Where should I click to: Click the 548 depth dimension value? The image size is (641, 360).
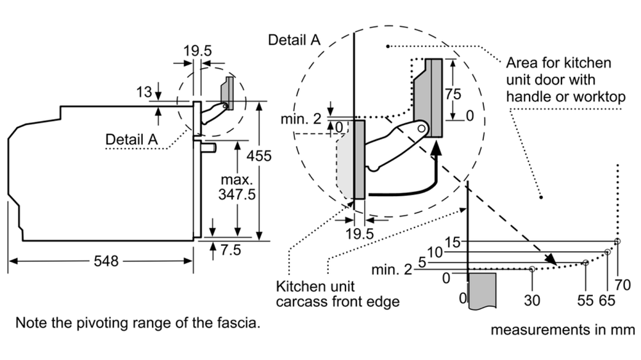pos(106,261)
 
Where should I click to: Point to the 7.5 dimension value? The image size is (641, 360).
pos(230,250)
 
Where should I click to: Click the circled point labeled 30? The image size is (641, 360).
pos(532,270)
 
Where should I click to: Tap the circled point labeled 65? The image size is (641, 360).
pos(607,252)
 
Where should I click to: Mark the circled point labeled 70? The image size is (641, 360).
pos(617,241)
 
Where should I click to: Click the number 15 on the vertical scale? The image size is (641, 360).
pos(453,242)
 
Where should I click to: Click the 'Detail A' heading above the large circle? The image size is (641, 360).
pos(294,40)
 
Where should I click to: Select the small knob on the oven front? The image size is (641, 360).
pos(208,147)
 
